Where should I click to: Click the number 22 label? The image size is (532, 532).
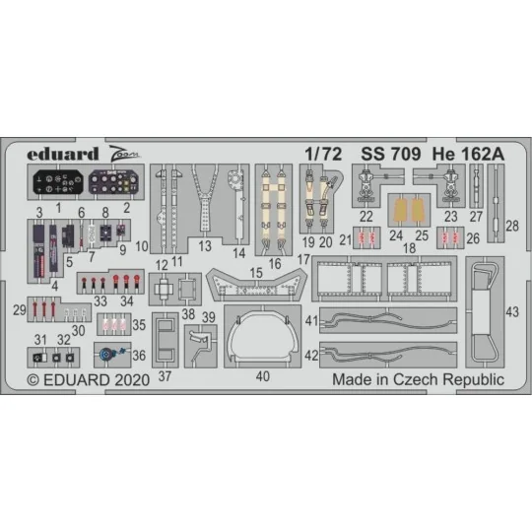pos(366,216)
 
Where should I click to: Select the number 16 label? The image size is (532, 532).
pos(273,263)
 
